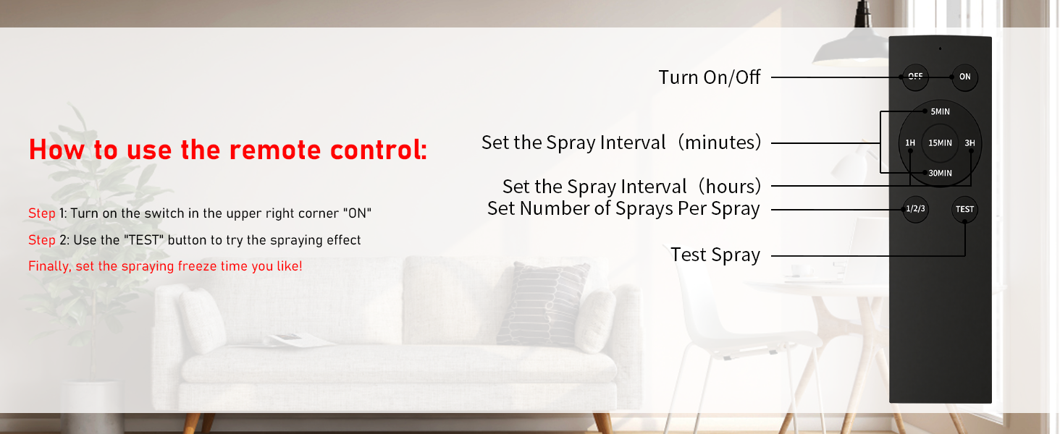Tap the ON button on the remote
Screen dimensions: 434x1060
964,77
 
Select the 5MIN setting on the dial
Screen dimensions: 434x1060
940,111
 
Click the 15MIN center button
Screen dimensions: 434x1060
940,143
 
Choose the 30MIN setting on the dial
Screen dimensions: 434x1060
940,173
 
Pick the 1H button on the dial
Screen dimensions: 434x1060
910,143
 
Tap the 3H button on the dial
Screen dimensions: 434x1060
969,143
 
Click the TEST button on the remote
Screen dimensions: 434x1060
964,210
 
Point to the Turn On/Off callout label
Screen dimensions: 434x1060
709,77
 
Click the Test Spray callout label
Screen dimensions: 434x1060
715,255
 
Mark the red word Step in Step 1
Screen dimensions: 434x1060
41,213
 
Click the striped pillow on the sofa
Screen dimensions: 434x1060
543,304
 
